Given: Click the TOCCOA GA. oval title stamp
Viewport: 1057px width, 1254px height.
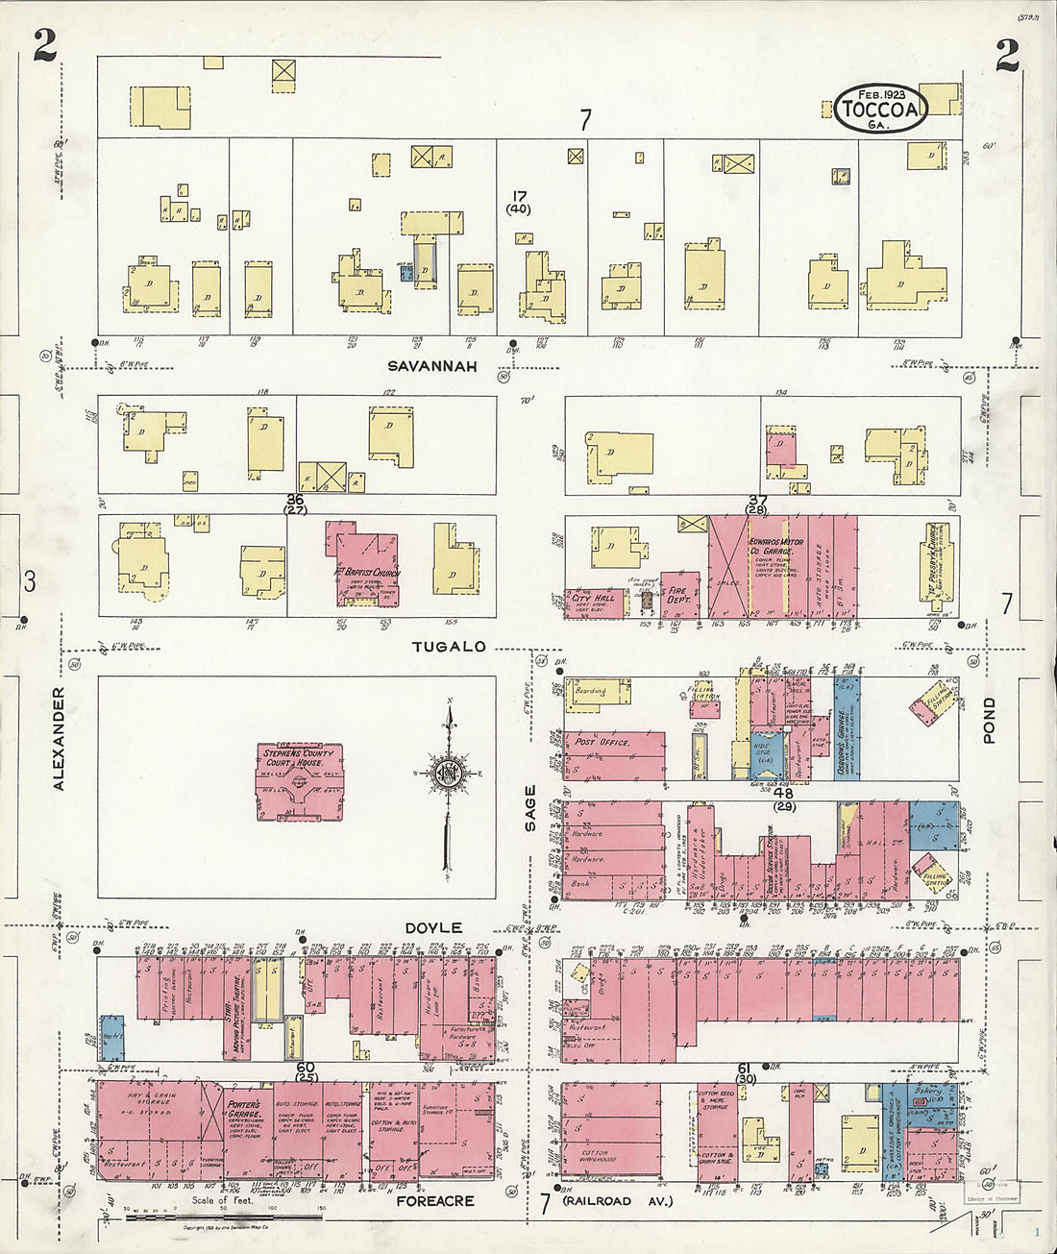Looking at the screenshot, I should [880, 108].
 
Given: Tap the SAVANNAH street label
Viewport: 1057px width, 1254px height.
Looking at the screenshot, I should [432, 366].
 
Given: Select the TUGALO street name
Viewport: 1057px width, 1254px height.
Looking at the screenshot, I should [450, 647].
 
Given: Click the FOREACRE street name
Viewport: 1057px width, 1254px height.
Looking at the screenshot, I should [434, 1200].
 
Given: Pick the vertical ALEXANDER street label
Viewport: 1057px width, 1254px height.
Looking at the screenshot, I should [59, 738].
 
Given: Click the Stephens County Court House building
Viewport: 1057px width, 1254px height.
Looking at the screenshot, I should [299, 780].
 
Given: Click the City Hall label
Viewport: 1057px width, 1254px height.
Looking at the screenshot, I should [593, 598].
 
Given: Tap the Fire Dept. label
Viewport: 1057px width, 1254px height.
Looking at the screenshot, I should [678, 596].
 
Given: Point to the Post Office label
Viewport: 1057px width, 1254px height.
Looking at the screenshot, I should [602, 742].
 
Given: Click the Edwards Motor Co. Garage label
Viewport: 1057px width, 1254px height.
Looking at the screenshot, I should [776, 548].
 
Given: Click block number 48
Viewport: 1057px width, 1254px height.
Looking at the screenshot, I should [783, 793].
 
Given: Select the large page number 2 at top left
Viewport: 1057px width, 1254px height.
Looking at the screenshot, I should [44, 45].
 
